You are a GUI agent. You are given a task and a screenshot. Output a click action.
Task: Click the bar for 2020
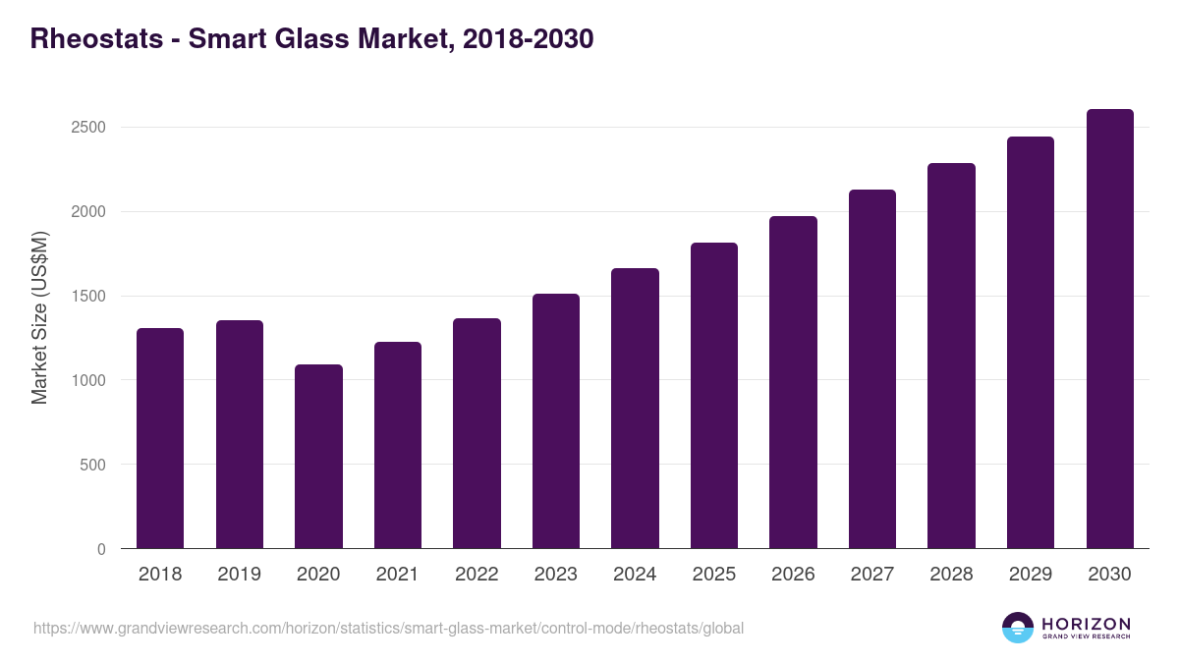point(318,457)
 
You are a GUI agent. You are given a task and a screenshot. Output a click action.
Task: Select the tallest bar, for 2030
point(1109,329)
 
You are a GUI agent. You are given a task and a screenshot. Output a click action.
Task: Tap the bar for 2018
point(160,438)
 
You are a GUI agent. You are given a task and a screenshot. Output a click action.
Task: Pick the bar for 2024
point(635,409)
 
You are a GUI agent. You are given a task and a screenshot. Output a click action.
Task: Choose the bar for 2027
point(872,369)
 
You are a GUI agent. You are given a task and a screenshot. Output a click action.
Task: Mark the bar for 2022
point(477,433)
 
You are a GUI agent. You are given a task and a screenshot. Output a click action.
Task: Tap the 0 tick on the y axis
point(101,549)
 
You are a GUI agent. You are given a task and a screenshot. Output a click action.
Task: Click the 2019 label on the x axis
point(239,575)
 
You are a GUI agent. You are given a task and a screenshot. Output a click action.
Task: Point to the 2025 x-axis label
point(713,575)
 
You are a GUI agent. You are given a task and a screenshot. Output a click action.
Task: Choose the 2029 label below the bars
point(1030,575)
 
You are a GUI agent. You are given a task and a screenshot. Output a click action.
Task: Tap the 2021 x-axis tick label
point(397,575)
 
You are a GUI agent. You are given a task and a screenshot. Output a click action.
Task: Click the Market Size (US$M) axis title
point(40,317)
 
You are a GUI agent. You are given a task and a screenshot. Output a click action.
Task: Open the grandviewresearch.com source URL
point(388,628)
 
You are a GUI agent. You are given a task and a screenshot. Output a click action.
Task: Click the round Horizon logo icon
point(1018,628)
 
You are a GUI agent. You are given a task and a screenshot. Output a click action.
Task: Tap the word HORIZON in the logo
point(1086,623)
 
